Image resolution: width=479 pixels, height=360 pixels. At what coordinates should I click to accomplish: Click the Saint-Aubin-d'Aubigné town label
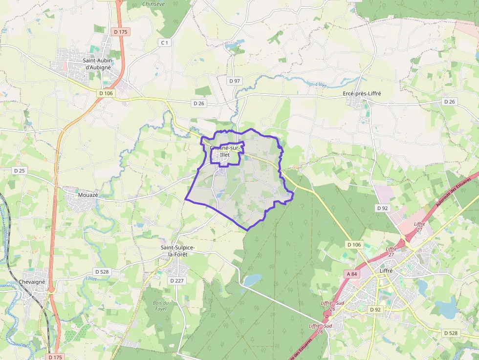98,64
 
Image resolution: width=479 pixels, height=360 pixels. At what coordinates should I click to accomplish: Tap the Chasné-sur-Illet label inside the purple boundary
224,151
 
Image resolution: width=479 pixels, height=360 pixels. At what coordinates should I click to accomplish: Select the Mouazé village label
88,195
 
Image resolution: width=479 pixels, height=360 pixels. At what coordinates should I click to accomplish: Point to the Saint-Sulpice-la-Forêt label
178,251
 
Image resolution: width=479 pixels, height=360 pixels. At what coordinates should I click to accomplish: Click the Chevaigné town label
32,282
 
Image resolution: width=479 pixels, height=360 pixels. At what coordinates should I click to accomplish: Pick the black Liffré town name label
386,271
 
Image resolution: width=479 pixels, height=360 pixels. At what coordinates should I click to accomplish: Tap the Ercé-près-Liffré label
363,93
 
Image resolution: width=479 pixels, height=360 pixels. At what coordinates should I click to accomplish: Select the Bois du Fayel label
159,306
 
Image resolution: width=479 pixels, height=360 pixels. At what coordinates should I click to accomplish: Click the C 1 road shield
165,43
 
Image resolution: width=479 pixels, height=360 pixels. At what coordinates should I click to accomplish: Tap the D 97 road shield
235,81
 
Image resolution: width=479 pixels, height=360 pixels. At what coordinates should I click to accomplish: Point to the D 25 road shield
19,170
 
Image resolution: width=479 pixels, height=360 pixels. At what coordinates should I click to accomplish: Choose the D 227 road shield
176,281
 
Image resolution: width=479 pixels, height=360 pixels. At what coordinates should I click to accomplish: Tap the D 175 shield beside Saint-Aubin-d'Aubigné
120,32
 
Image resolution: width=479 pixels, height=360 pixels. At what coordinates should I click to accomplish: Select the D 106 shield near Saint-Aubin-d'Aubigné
106,93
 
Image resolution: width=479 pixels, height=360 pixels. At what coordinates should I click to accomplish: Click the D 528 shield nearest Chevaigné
102,272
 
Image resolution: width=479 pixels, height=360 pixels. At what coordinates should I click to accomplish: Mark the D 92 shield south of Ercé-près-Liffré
382,208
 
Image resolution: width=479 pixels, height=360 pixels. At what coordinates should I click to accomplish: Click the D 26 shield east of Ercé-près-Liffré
449,102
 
